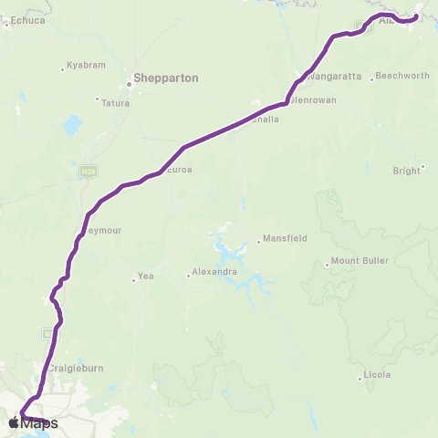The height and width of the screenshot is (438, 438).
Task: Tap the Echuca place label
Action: [x=26, y=18]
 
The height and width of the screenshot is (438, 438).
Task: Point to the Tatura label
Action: [x=115, y=103]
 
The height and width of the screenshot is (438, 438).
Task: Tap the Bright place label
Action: [x=406, y=171]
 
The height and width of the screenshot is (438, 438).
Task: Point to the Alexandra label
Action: [x=215, y=272]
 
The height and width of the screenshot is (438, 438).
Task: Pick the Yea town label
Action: [x=144, y=276]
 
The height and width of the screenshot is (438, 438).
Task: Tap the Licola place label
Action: [x=376, y=375]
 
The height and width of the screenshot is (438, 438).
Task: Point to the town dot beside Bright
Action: [x=423, y=166]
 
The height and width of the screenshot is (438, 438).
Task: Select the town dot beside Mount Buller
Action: [x=327, y=266]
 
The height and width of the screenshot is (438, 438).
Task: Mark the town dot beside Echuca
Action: [x=6, y=24]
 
